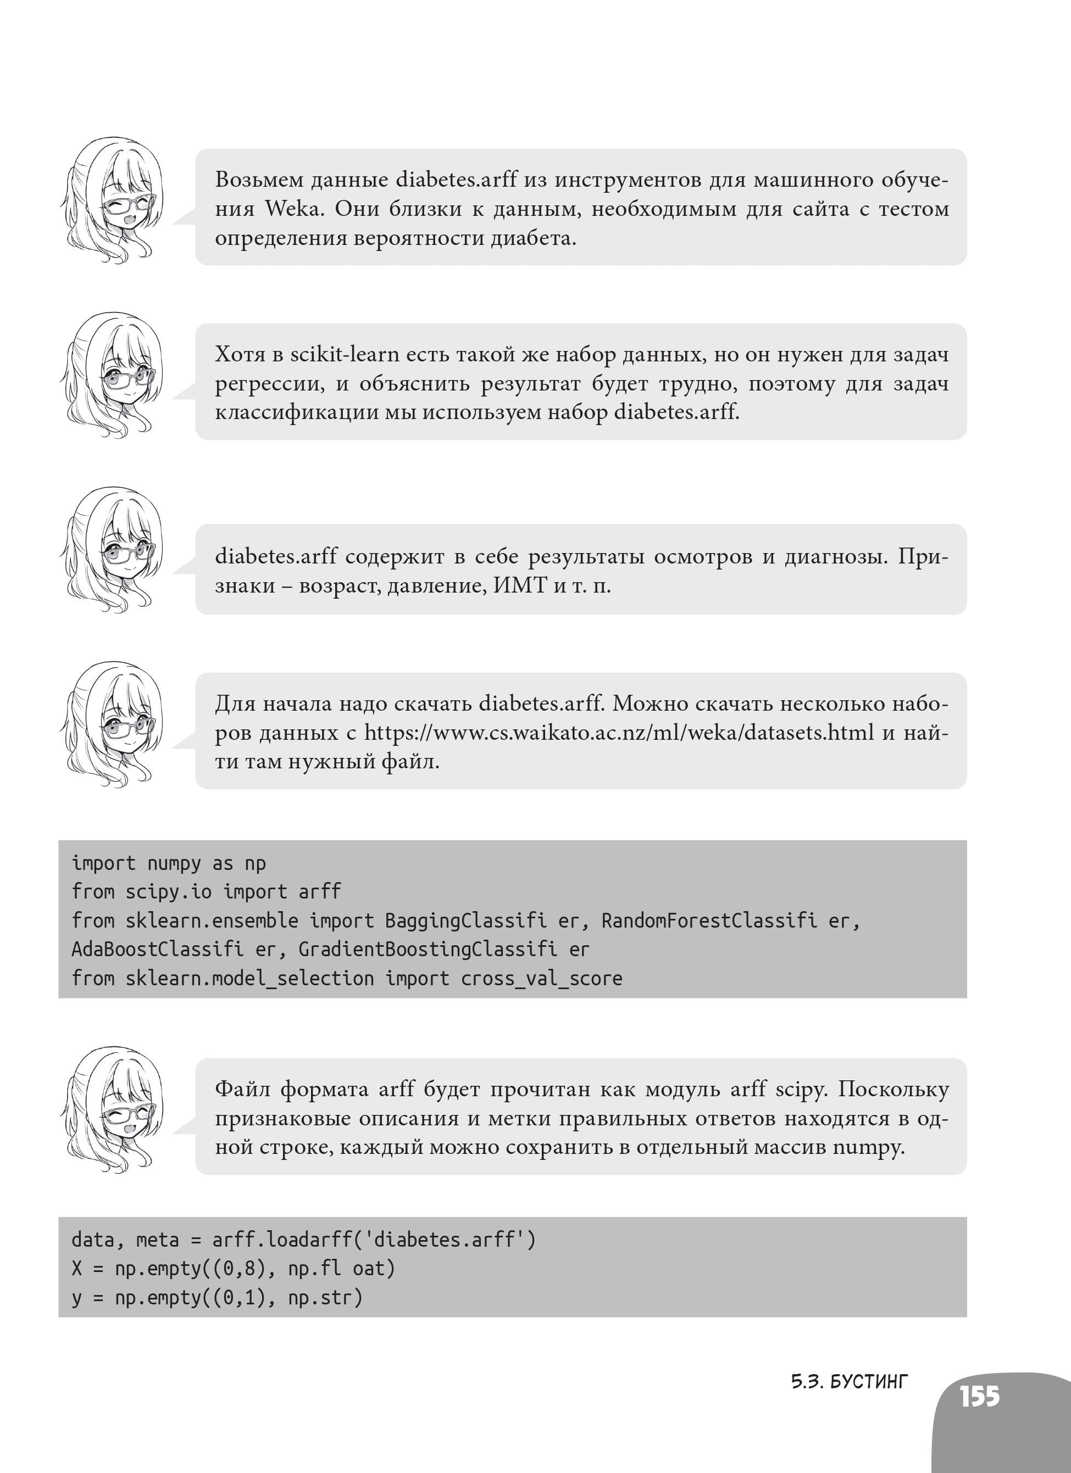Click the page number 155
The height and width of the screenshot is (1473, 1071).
pos(979,1396)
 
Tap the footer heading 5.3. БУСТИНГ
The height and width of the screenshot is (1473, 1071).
pos(849,1381)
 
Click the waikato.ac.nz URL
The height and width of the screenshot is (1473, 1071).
pos(618,733)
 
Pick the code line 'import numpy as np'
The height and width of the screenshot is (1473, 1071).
pos(168,863)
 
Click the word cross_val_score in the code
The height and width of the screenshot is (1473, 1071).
pos(541,978)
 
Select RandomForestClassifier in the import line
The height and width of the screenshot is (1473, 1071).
pos(729,920)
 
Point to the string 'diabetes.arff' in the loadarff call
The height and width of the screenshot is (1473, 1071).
pos(445,1240)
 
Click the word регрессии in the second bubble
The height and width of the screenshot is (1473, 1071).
pos(269,384)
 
